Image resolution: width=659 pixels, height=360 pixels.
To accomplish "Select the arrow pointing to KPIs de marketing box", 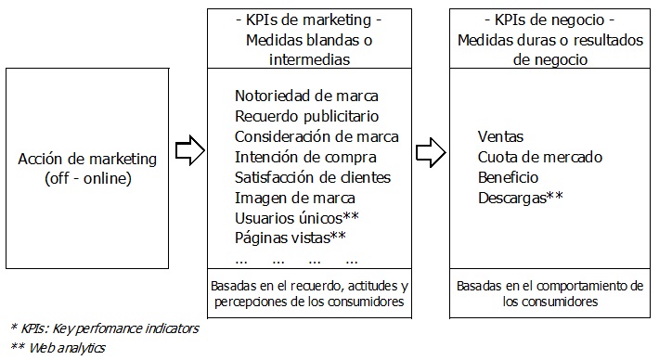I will (x=189, y=149).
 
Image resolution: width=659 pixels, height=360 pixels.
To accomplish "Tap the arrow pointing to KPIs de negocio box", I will (x=428, y=149).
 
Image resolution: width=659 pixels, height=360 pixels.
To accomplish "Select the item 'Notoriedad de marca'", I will (x=307, y=96).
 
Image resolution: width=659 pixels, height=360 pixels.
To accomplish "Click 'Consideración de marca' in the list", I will (x=317, y=136).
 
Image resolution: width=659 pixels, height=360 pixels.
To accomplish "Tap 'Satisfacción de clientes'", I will (x=313, y=177).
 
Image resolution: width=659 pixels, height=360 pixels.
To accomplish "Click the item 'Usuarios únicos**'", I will (x=297, y=218).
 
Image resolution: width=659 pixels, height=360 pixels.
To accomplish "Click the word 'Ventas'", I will (x=500, y=136).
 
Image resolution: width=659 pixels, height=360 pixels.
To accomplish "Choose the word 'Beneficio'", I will (x=508, y=177).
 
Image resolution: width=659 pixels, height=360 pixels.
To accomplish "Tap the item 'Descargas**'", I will (x=522, y=198).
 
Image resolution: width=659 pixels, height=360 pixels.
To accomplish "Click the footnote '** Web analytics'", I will (x=58, y=348).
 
